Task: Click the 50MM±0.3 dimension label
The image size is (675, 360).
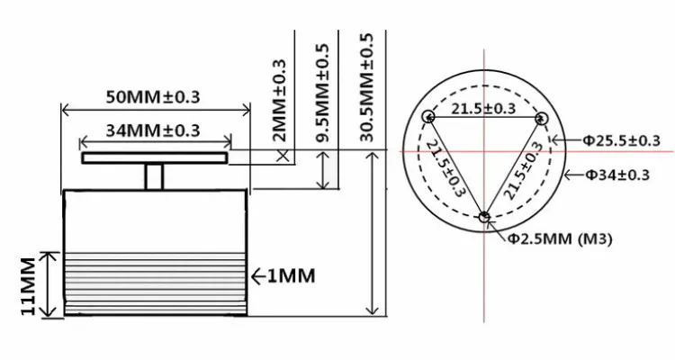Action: point(153,96)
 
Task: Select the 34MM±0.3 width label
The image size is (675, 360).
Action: point(153,130)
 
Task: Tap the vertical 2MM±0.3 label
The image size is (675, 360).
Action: point(279,100)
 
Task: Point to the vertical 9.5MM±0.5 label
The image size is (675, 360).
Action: point(322,93)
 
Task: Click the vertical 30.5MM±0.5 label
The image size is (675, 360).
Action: point(366,87)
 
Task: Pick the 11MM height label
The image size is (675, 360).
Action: point(28,286)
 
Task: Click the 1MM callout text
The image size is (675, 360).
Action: point(292,276)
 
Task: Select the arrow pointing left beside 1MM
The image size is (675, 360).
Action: point(258,276)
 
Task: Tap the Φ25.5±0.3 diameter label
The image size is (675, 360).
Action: point(621,140)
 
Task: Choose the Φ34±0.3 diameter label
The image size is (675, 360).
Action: point(616,175)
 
